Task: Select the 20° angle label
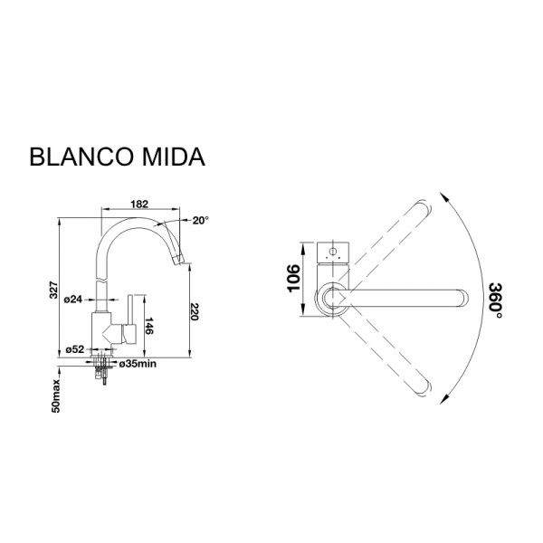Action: [x=199, y=220]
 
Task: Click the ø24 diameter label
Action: [x=75, y=300]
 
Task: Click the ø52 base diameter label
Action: [x=75, y=349]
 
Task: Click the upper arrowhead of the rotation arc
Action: [x=444, y=194]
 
